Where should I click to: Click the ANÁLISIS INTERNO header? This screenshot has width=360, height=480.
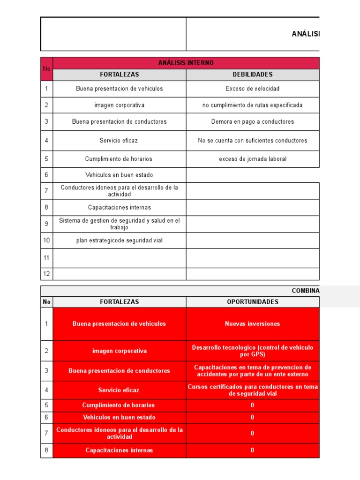(x=186, y=63)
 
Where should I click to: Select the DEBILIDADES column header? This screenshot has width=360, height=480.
(x=253, y=75)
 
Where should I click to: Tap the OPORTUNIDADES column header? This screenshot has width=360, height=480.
(x=253, y=302)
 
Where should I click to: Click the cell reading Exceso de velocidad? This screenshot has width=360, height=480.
(x=253, y=89)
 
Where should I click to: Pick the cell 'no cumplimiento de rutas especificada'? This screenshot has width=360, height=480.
(x=253, y=105)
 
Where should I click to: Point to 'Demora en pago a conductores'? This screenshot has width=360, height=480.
(x=253, y=121)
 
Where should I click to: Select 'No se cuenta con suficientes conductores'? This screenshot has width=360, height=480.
(x=253, y=140)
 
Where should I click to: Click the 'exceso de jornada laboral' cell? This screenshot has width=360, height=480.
(x=253, y=159)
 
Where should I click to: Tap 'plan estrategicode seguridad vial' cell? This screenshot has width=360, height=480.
(x=120, y=240)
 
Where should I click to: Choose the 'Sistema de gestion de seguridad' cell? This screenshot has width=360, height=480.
(x=120, y=224)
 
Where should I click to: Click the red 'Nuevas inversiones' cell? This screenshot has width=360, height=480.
(x=253, y=323)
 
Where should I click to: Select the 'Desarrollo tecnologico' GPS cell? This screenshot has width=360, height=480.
(x=253, y=351)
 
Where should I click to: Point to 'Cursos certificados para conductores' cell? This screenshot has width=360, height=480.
(x=253, y=390)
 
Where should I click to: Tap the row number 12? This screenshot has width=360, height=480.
(x=46, y=274)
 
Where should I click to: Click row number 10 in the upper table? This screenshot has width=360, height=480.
(x=46, y=240)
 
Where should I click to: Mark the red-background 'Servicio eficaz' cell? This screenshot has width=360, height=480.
(x=120, y=390)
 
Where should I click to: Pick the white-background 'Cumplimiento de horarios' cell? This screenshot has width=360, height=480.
(x=120, y=159)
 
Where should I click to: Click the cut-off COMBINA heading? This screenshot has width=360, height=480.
(x=306, y=291)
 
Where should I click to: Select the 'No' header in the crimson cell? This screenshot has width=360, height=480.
(x=46, y=69)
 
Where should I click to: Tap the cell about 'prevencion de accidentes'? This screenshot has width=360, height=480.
(x=253, y=370)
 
